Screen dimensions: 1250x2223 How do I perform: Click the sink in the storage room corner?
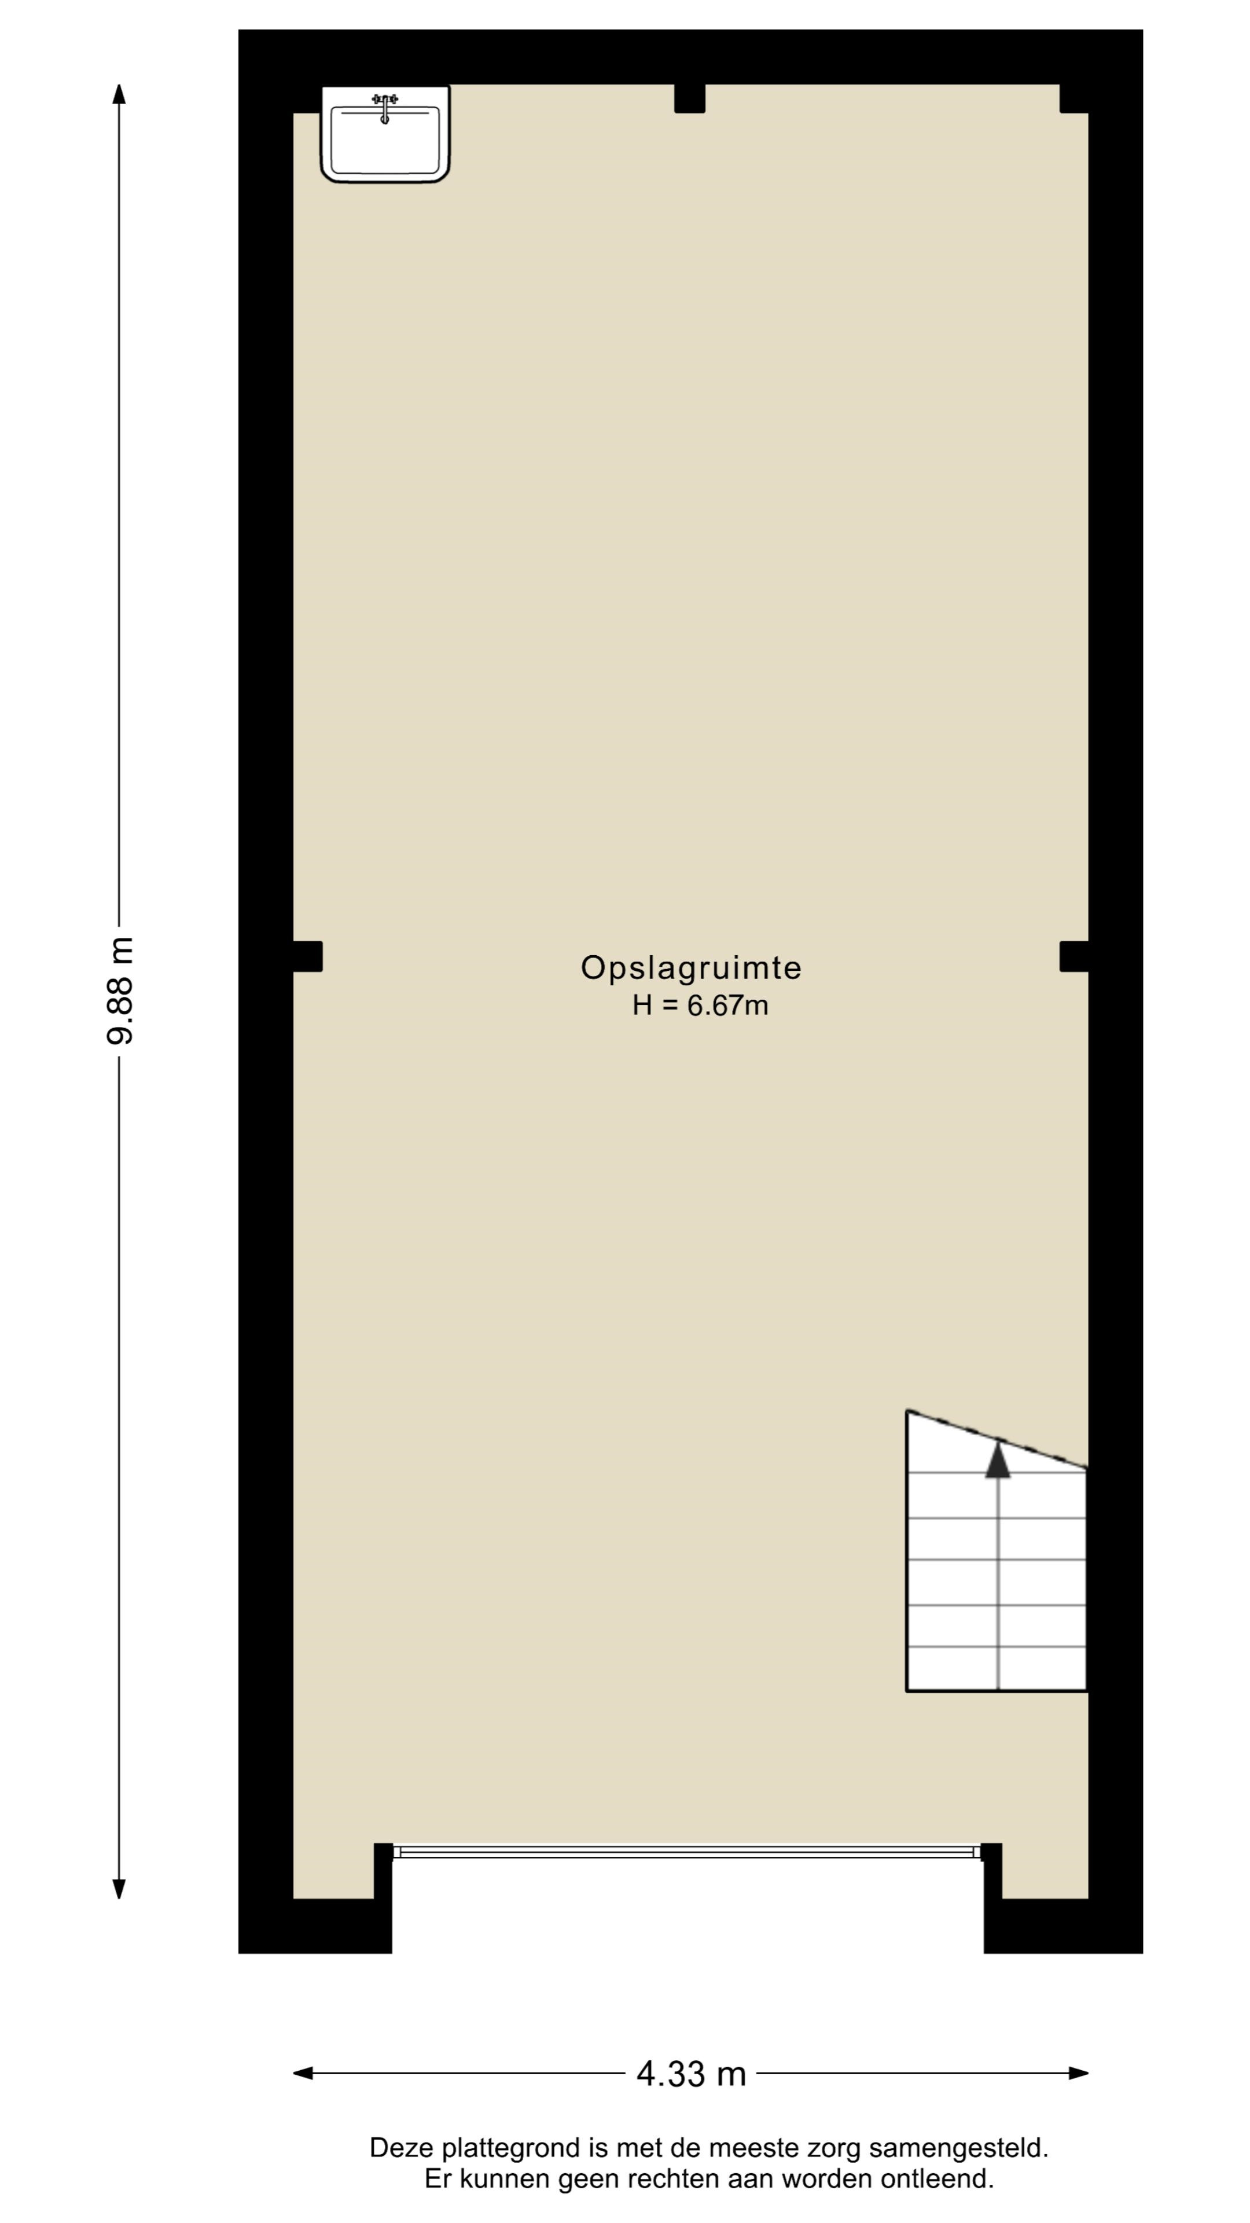(385, 134)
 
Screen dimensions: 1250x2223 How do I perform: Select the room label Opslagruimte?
(691, 969)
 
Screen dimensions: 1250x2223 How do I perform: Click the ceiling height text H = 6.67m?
(700, 1006)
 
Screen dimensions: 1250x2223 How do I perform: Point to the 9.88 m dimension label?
(120, 991)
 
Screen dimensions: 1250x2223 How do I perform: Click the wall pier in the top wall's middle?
(689, 98)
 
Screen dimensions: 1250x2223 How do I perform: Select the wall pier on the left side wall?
(307, 956)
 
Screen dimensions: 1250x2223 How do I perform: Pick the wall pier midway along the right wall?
(1074, 956)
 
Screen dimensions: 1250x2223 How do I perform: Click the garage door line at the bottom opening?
(687, 1852)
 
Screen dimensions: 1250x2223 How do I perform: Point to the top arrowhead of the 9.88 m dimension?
(120, 94)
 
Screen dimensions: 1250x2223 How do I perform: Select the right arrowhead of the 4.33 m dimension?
(1078, 2073)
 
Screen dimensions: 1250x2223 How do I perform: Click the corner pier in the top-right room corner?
(1074, 98)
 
